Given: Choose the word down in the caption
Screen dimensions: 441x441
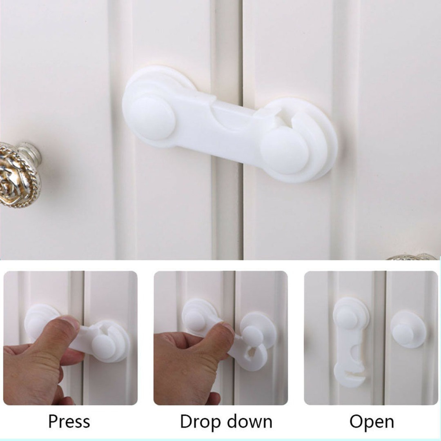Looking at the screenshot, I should (250, 422).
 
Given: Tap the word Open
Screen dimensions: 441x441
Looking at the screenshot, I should (372, 422).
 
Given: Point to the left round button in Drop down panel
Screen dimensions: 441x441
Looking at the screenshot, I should (194, 321).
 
